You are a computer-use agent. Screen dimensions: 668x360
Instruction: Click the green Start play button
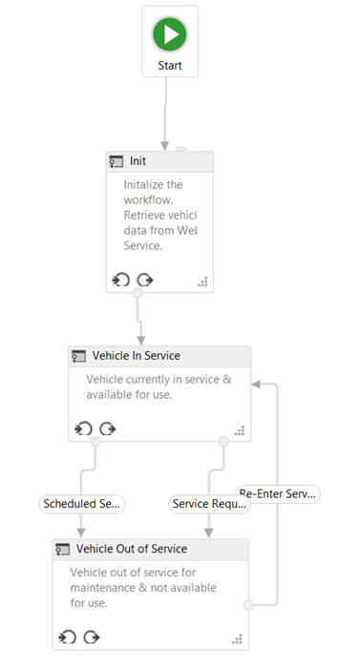pyautogui.click(x=170, y=34)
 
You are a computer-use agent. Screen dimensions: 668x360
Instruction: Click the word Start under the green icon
pyautogui.click(x=170, y=66)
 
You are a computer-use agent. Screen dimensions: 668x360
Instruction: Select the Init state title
pyautogui.click(x=138, y=162)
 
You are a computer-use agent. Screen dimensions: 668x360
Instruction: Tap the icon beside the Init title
pyautogui.click(x=116, y=162)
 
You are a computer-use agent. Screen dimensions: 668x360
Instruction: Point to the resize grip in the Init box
pyautogui.click(x=202, y=282)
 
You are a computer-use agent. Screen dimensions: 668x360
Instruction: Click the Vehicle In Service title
pyautogui.click(x=136, y=356)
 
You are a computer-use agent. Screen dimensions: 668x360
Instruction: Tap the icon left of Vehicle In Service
pyautogui.click(x=79, y=356)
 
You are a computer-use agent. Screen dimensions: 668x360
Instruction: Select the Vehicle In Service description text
pyautogui.click(x=159, y=386)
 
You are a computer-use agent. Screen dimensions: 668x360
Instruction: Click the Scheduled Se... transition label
pyautogui.click(x=81, y=503)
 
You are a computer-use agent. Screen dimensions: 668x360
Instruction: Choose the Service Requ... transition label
pyautogui.click(x=208, y=503)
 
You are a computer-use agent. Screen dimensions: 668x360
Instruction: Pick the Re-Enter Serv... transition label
pyautogui.click(x=278, y=493)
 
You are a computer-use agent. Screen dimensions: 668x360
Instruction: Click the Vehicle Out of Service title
pyautogui.click(x=132, y=549)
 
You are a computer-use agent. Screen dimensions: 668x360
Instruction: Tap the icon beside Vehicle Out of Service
pyautogui.click(x=63, y=549)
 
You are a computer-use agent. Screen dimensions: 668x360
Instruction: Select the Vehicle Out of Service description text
pyautogui.click(x=143, y=587)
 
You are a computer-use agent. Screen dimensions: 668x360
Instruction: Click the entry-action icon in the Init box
pyautogui.click(x=120, y=280)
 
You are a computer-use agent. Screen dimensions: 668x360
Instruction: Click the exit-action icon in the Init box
pyautogui.click(x=145, y=280)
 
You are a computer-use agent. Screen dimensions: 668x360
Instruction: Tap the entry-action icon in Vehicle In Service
pyautogui.click(x=83, y=428)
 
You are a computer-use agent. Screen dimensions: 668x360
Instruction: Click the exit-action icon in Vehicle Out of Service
pyautogui.click(x=92, y=637)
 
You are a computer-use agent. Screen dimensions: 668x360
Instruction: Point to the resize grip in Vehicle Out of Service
pyautogui.click(x=238, y=638)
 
